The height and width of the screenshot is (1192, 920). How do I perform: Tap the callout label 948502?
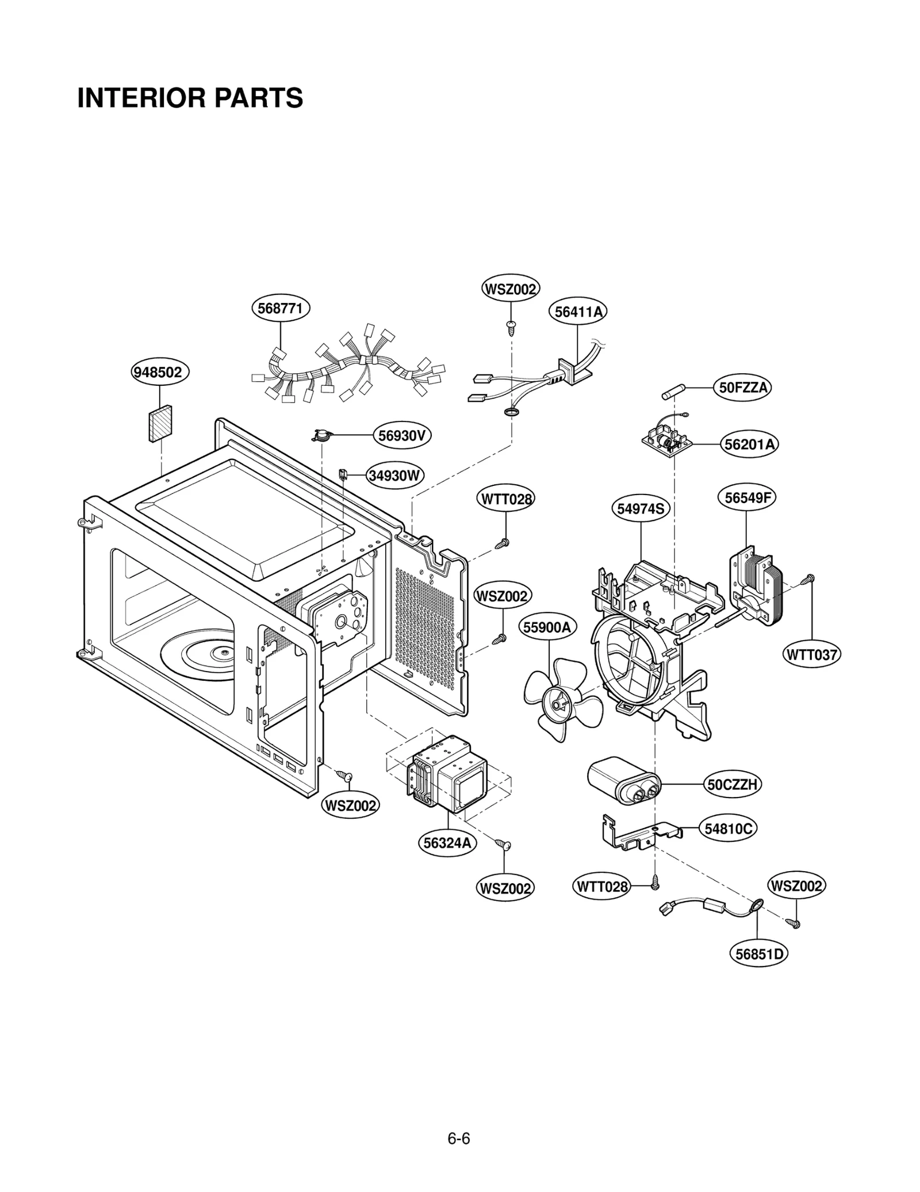pos(158,372)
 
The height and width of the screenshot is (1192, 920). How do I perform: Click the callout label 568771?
pos(281,308)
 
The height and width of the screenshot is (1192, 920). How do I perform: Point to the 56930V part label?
pos(402,435)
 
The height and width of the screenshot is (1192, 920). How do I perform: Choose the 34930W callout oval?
pos(394,476)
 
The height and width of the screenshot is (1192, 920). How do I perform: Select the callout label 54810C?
pos(729,829)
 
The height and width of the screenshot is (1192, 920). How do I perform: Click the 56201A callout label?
pos(749,444)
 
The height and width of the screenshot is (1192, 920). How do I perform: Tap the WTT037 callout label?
pos(812,654)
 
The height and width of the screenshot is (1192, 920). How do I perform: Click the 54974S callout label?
pos(641,508)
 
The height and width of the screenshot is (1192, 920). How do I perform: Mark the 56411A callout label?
pos(578,312)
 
